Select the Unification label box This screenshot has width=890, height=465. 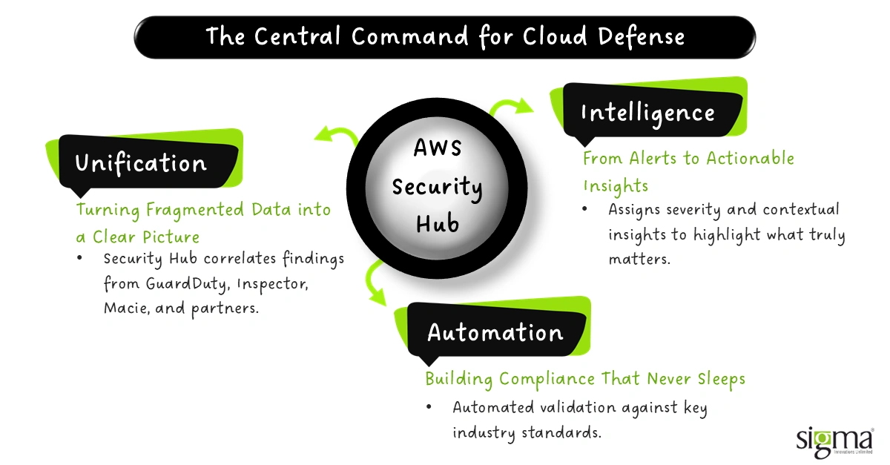pos(141,163)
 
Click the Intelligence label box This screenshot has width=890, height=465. pos(647,113)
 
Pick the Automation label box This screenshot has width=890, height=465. pos(495,332)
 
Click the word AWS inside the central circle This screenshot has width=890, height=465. pos(437,148)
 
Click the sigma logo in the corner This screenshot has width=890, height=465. pos(834,440)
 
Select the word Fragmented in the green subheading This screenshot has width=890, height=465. pos(191,210)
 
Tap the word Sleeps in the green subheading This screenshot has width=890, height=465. pos(719,379)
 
